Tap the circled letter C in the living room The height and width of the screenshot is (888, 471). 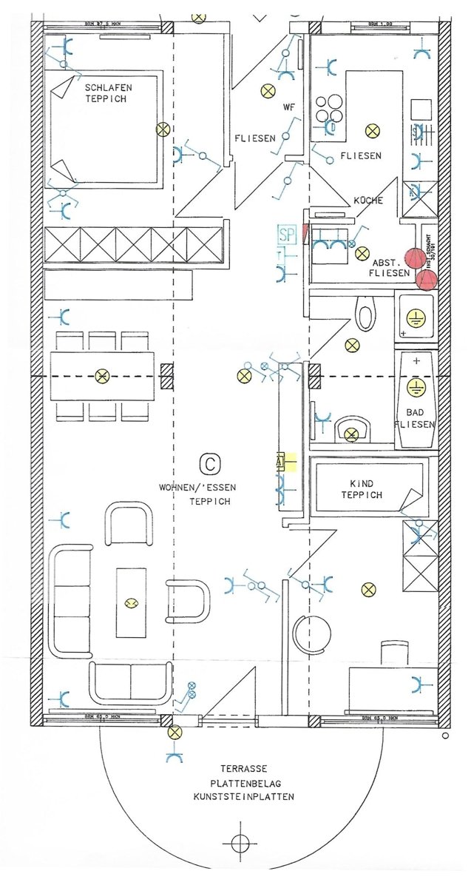pos(210,464)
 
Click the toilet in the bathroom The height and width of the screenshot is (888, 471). pos(365,314)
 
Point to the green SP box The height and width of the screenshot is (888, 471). pos(287,235)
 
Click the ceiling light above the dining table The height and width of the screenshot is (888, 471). pos(102,376)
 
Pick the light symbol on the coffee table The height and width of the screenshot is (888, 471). pos(132,603)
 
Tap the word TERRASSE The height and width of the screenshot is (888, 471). pos(238,769)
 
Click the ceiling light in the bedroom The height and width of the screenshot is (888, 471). pos(163,129)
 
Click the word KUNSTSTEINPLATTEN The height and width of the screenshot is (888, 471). pos(244,797)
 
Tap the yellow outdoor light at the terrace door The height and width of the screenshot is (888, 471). pos(174,733)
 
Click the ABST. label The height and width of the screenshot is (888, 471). pos(385,262)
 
